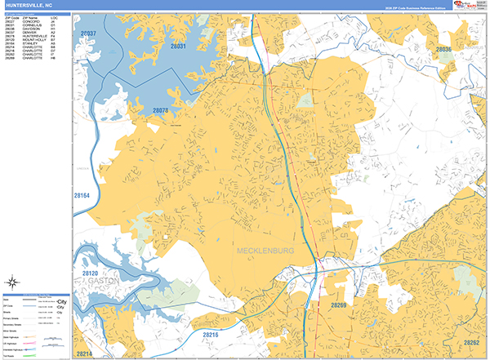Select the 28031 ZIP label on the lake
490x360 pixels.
[177, 47]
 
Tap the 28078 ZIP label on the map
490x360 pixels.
[160, 109]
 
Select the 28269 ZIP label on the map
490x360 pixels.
[339, 304]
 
